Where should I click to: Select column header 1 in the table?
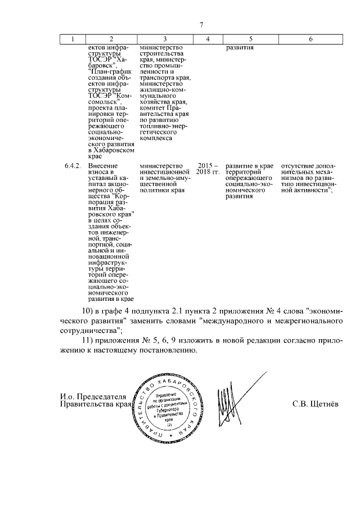point(73,39)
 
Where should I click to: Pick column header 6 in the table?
point(311,39)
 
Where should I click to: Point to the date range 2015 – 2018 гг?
point(209,169)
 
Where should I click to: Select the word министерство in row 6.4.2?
point(163,166)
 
